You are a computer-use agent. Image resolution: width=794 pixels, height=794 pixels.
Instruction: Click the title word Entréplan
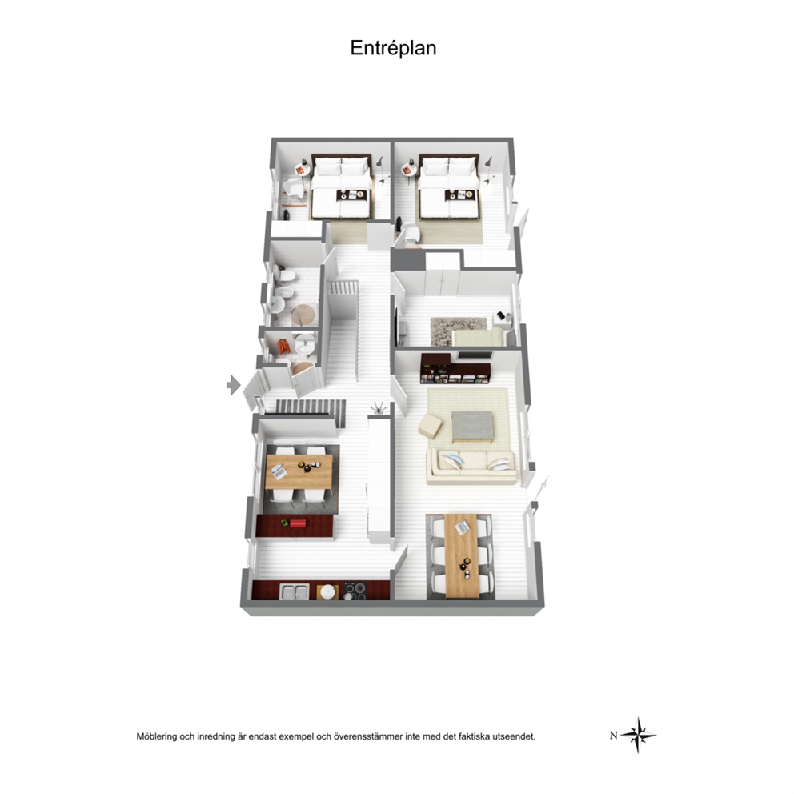[393, 48]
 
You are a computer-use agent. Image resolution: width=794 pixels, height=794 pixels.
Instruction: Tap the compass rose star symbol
[639, 735]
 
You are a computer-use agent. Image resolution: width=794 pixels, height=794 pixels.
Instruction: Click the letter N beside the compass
[613, 736]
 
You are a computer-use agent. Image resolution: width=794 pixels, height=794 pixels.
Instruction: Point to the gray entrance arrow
[233, 385]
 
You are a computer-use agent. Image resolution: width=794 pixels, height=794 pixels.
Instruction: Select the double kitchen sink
[295, 592]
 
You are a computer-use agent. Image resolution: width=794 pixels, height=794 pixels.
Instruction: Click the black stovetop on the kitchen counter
[355, 591]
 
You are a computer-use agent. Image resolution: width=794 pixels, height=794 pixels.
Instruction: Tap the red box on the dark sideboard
[299, 523]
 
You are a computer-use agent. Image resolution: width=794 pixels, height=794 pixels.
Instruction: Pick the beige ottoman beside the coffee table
[431, 426]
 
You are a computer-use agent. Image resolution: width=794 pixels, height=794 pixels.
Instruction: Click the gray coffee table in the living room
[472, 426]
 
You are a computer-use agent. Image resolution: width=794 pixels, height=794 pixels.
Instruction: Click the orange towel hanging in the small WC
[283, 347]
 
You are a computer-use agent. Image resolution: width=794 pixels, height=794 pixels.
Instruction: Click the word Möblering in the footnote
[156, 736]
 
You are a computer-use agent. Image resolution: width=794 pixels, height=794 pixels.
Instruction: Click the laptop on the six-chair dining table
[462, 527]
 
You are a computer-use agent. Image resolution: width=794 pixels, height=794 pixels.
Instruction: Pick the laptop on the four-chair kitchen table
[279, 472]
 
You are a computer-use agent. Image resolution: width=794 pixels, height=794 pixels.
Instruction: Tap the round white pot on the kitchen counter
[328, 591]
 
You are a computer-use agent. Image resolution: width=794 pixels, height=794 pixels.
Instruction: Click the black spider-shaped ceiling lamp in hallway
[379, 407]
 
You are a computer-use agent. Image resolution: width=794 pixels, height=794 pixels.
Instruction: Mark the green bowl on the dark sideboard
[285, 523]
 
